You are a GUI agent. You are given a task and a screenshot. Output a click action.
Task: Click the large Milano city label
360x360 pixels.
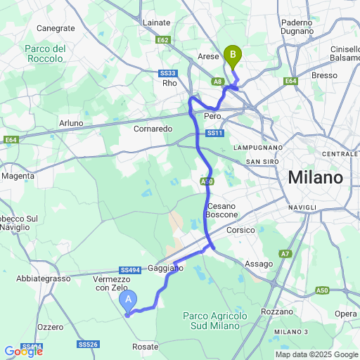pyautogui.click(x=315, y=177)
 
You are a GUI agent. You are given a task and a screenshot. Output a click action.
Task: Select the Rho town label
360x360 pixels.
pyautogui.click(x=169, y=83)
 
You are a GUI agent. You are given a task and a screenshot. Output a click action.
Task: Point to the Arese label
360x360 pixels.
pyautogui.click(x=209, y=56)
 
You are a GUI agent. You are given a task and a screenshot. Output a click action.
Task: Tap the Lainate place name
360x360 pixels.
pyautogui.click(x=156, y=23)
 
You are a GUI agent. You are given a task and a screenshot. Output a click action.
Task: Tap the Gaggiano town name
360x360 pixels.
pyautogui.click(x=167, y=269)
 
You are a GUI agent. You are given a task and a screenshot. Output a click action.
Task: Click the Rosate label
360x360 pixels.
pyautogui.click(x=146, y=347)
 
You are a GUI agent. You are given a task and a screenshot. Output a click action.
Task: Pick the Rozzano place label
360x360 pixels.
pyautogui.click(x=276, y=311)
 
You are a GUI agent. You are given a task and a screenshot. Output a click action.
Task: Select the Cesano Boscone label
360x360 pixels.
pyautogui.click(x=221, y=209)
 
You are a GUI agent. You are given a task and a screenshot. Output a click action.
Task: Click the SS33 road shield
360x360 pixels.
pyautogui.click(x=167, y=73)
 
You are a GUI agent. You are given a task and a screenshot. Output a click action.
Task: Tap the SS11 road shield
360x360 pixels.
pyautogui.click(x=214, y=134)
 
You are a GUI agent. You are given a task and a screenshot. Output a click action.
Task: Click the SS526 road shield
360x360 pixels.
pyautogui.click(x=88, y=345)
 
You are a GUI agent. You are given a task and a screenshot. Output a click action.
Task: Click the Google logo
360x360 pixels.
pyautogui.click(x=23, y=351)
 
